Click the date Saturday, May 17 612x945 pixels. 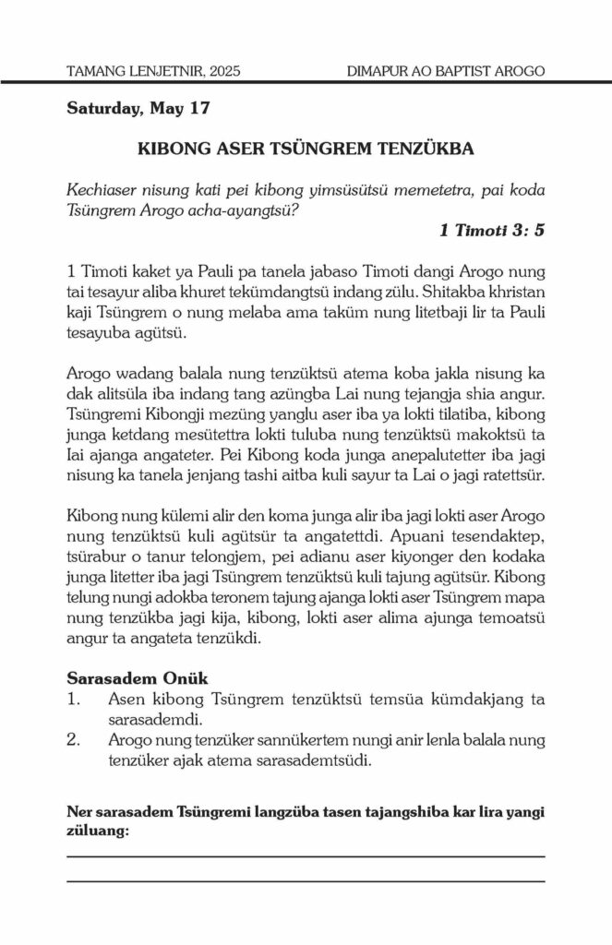point(138,108)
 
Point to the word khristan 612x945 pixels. point(511,295)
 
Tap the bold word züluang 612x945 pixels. point(97,830)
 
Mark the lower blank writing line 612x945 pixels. point(306,881)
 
